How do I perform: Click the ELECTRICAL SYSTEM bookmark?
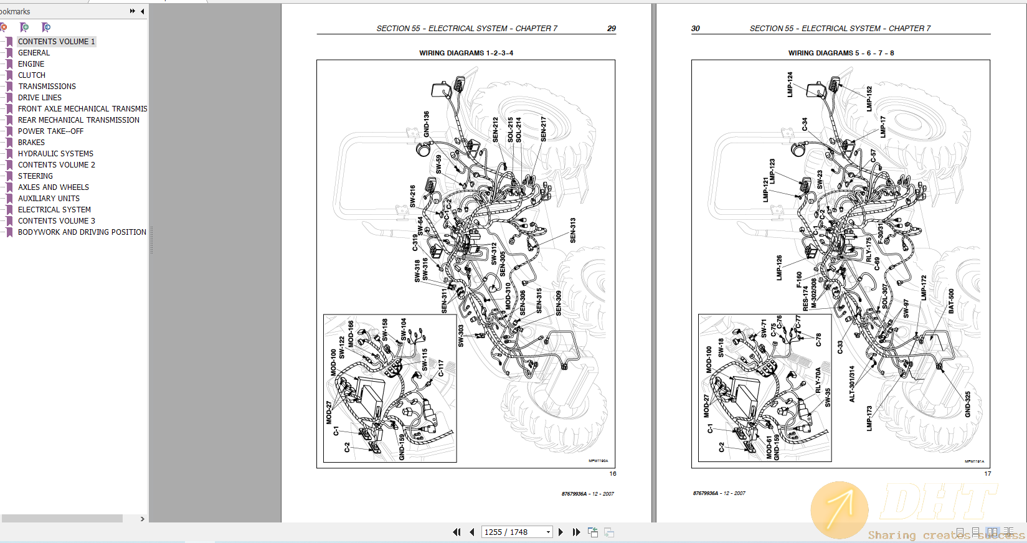pos(54,210)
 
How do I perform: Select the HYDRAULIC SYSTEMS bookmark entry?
pos(55,154)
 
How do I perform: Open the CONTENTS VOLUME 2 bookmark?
pos(56,165)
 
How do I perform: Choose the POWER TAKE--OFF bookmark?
pos(50,131)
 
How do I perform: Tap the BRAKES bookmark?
pos(31,143)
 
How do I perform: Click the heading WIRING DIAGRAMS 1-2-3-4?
pos(466,53)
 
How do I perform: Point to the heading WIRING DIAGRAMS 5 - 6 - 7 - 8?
pos(841,53)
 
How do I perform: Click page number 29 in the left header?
pos(611,29)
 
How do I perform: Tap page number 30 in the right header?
pos(695,29)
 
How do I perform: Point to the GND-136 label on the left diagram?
pos(427,124)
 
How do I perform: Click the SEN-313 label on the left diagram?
pos(573,230)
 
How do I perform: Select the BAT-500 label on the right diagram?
pos(951,301)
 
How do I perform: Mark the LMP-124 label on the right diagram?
pos(790,84)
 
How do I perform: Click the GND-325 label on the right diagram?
pos(968,404)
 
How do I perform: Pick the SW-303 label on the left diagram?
pos(461,336)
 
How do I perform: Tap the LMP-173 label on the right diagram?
pos(869,418)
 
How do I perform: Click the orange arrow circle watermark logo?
pos(839,509)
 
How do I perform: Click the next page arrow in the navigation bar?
pos(561,532)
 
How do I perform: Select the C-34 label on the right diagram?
pos(804,125)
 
